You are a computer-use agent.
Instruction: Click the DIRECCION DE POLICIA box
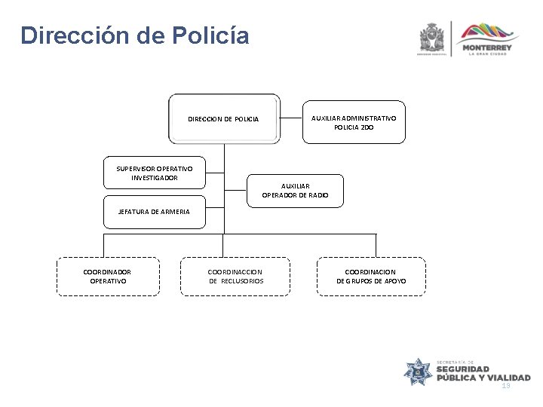click(223, 119)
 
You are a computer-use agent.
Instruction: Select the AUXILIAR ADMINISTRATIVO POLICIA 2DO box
click(354, 122)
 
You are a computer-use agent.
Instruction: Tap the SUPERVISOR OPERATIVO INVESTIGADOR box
click(155, 173)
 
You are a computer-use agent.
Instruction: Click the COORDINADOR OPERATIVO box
click(107, 276)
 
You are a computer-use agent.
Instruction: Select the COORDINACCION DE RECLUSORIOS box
click(236, 276)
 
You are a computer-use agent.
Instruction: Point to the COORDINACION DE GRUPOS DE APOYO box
click(371, 276)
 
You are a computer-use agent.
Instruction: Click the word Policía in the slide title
click(205, 35)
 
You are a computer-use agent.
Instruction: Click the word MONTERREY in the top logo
click(490, 47)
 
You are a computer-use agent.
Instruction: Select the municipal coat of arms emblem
click(433, 36)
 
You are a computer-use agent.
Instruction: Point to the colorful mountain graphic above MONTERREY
click(489, 32)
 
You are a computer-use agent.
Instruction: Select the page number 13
click(505, 385)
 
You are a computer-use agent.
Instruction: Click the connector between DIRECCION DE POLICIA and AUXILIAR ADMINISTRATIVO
click(290, 118)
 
